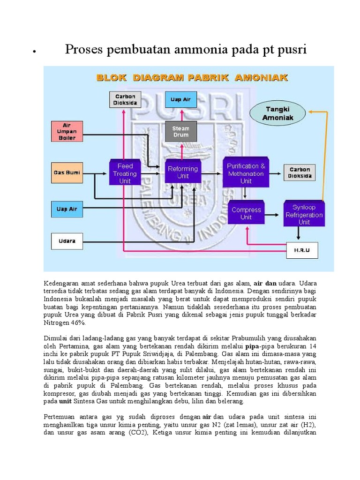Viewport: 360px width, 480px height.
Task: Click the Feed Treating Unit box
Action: tap(125, 173)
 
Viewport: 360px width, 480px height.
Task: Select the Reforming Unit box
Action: tap(182, 172)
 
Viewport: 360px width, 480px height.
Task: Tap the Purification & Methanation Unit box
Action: tap(246, 173)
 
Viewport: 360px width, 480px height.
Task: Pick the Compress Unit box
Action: tap(246, 213)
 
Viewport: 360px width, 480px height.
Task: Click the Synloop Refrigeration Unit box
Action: tap(304, 214)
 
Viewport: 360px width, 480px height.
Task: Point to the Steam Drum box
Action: tap(180, 131)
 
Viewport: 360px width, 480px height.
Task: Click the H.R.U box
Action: tap(302, 250)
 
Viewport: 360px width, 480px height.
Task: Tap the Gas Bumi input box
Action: tap(67, 172)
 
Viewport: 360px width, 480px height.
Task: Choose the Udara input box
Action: tap(67, 241)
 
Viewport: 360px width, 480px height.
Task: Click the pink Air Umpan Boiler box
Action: tap(67, 131)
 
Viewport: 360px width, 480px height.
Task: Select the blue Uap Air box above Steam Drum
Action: tap(180, 100)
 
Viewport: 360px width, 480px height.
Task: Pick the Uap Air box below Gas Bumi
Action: tap(67, 209)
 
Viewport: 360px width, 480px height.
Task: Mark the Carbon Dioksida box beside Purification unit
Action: tap(299, 172)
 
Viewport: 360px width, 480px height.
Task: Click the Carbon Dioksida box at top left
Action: tap(125, 100)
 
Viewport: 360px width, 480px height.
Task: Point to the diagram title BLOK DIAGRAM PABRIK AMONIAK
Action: tap(192, 77)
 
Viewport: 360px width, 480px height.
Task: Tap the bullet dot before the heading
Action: tap(34, 51)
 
